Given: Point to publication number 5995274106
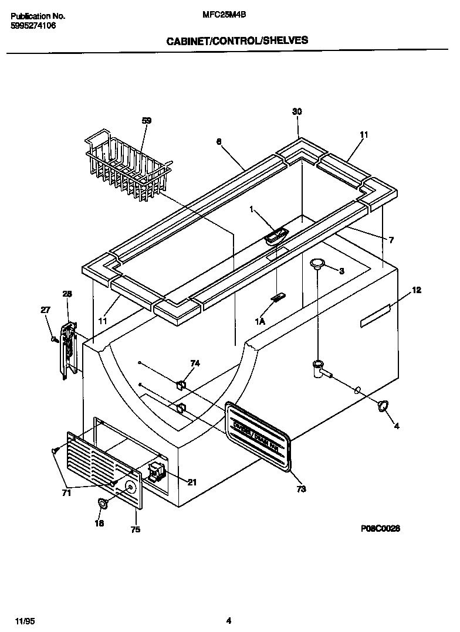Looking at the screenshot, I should point(33,26).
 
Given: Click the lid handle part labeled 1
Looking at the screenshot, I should point(276,236).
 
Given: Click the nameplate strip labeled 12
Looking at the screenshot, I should point(375,315).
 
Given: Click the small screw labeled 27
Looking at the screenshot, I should point(53,339).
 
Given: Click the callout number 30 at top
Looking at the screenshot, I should point(297,111).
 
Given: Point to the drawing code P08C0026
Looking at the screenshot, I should point(380,528).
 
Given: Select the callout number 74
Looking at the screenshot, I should point(195,363).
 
